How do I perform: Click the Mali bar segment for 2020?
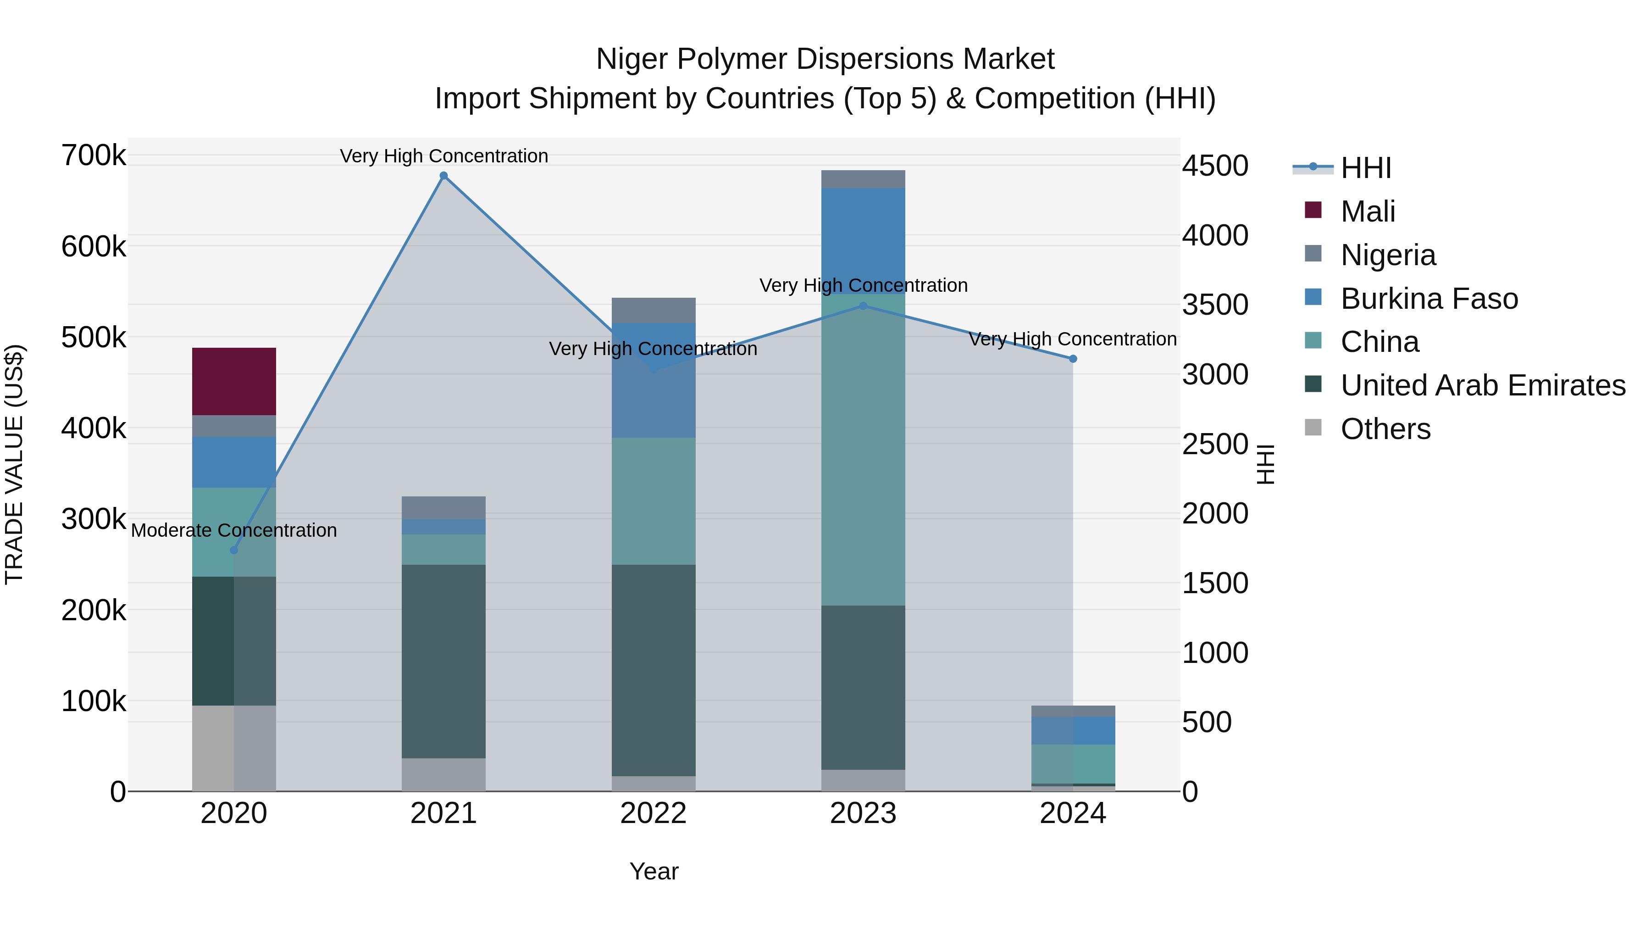(234, 382)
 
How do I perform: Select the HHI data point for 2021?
(443, 176)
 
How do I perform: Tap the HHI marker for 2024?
(1073, 359)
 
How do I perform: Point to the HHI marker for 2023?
(863, 306)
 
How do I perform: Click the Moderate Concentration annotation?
(234, 530)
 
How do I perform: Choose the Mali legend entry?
(1368, 211)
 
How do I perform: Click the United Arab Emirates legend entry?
(1482, 385)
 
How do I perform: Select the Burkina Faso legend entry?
(1429, 299)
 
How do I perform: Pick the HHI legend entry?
(1365, 168)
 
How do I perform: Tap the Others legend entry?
(1385, 429)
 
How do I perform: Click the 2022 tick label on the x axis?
(653, 813)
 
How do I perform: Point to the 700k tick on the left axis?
(94, 156)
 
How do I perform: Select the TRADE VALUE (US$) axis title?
(14, 464)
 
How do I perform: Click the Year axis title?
(654, 871)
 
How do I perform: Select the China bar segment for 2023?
(863, 449)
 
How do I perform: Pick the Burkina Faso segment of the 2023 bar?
(863, 240)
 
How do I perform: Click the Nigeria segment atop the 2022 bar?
(653, 310)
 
